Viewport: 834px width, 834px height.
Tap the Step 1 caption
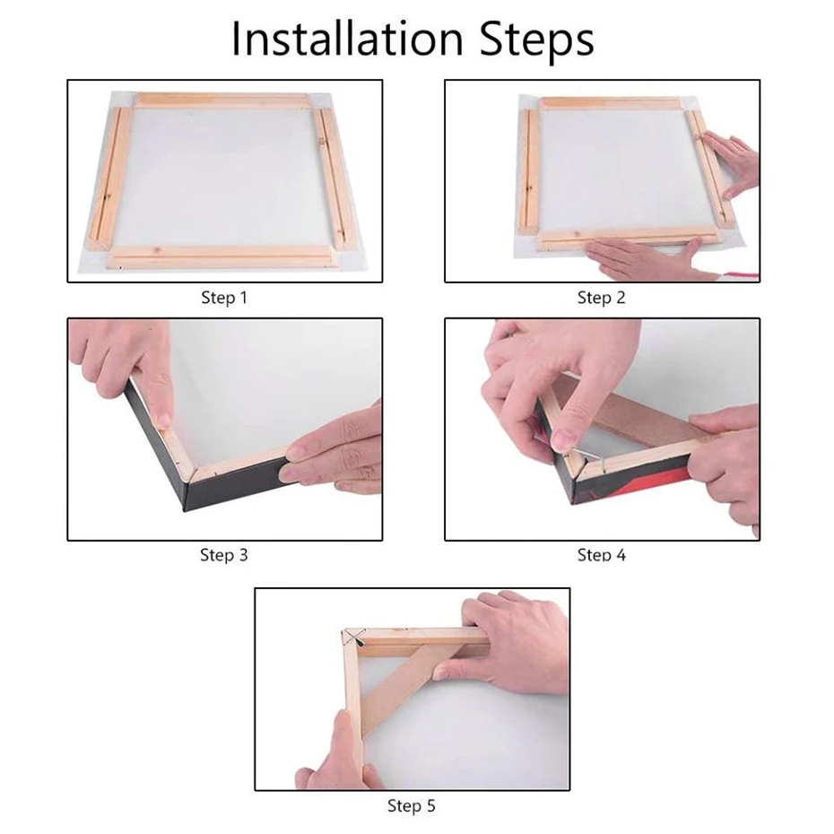223,298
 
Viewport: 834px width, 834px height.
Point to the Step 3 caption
223,555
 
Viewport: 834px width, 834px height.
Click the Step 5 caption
412,805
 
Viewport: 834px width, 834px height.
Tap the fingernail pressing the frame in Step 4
563,439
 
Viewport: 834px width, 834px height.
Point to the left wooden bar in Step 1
112,175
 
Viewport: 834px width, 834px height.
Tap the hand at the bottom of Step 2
646,260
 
